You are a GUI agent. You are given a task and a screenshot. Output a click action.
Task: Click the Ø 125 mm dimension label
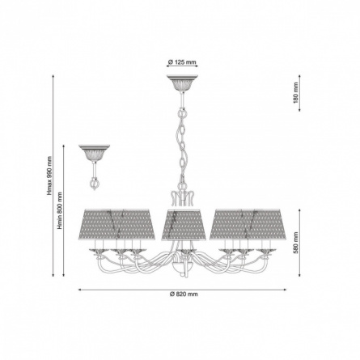point(182,62)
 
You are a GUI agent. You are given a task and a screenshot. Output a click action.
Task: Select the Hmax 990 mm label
point(49,176)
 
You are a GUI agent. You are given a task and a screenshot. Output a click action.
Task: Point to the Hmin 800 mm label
point(60,210)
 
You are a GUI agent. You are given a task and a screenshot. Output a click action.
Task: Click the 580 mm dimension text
point(296,243)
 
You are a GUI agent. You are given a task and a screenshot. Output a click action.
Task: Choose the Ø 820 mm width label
point(184,294)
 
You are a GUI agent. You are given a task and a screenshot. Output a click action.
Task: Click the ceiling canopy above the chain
point(182,83)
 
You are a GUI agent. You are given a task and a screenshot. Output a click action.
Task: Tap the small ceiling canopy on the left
point(95,152)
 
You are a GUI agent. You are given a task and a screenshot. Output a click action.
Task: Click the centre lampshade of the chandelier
point(184,224)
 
